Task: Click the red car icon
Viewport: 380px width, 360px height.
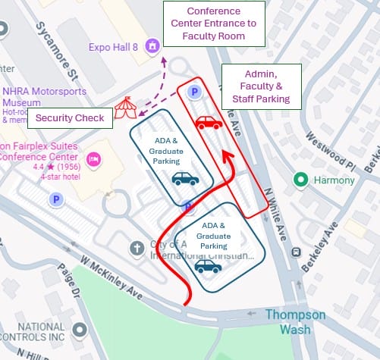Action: point(209,123)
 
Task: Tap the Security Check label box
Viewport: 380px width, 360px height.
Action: point(70,119)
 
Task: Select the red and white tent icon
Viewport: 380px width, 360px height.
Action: point(125,111)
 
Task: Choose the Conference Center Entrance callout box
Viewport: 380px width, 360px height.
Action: point(214,23)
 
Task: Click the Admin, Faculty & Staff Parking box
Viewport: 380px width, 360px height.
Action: point(261,87)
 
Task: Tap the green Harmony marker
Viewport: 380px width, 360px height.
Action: point(301,180)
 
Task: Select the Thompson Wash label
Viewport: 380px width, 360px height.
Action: point(295,322)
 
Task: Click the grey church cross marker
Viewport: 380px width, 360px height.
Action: point(137,247)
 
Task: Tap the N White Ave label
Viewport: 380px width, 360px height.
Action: point(276,207)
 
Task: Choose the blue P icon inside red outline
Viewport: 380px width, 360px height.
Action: point(194,92)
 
